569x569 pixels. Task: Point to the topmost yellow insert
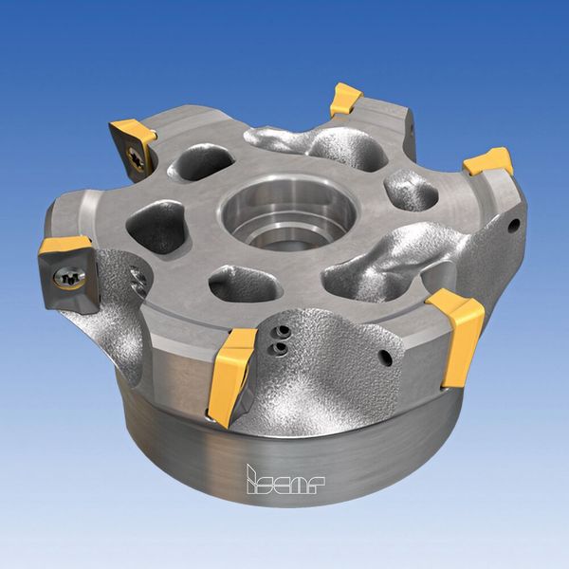(x=346, y=99)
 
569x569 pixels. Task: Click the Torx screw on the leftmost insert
(x=67, y=278)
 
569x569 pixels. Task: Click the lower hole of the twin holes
(x=278, y=349)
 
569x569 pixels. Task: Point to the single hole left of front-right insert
(x=386, y=359)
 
